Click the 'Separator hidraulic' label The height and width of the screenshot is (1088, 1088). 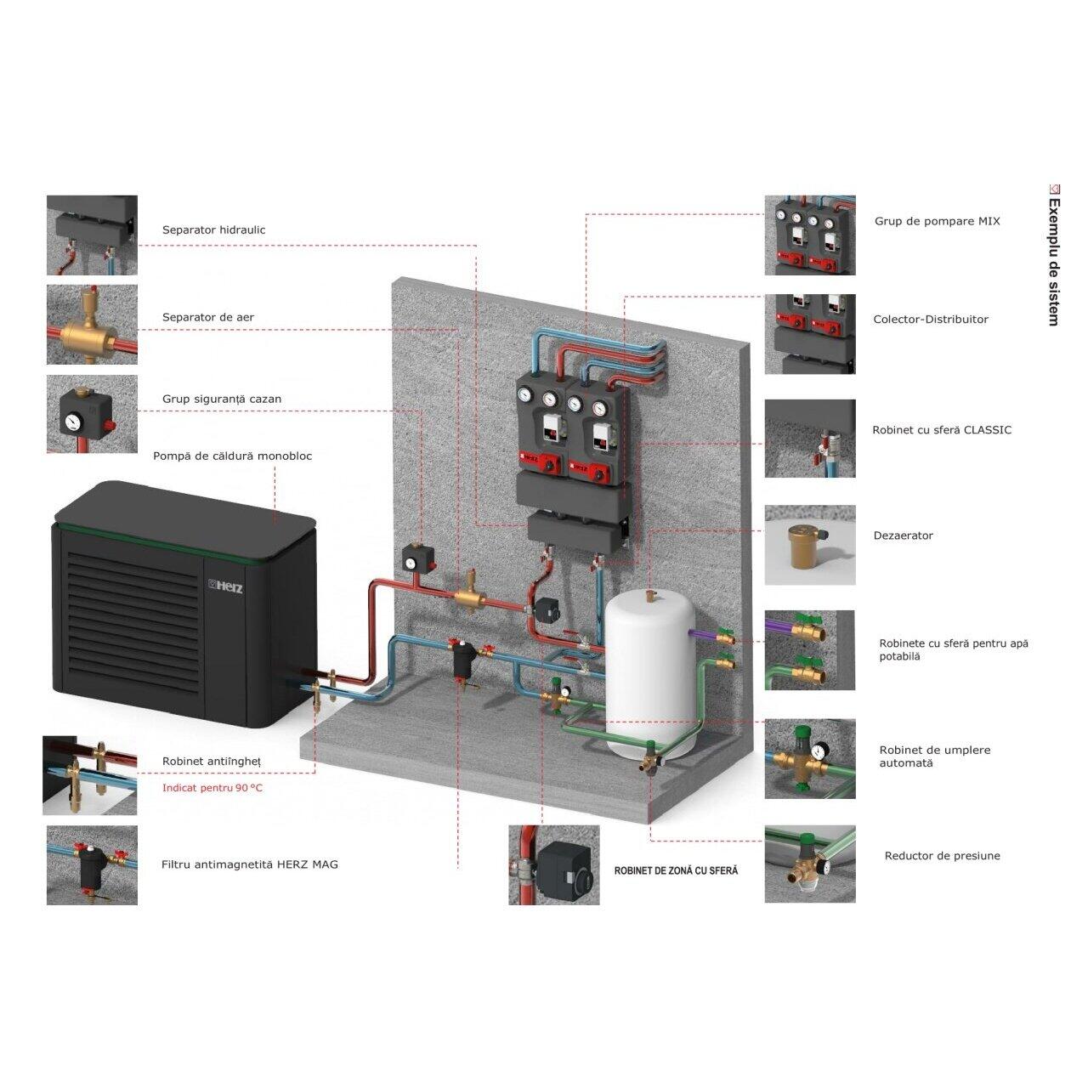click(x=213, y=229)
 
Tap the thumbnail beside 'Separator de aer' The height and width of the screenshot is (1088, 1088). click(x=92, y=325)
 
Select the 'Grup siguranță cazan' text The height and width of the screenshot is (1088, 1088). click(x=221, y=399)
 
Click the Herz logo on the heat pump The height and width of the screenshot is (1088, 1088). click(x=226, y=587)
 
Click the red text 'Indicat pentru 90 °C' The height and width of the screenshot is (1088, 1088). click(x=212, y=788)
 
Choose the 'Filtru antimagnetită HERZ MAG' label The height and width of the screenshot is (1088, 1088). click(x=249, y=864)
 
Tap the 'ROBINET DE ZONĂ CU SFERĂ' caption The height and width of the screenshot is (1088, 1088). click(x=676, y=870)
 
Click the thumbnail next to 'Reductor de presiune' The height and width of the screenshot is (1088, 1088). click(x=809, y=864)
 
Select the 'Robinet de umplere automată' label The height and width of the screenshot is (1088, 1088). click(x=934, y=756)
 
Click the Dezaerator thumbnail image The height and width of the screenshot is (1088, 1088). click(x=809, y=545)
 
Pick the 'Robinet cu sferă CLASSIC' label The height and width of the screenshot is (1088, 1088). click(x=941, y=430)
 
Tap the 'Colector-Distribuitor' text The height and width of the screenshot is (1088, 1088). click(x=931, y=320)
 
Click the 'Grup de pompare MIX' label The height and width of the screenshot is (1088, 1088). click(x=937, y=221)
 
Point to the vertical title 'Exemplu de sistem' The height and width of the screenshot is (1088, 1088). click(x=1053, y=260)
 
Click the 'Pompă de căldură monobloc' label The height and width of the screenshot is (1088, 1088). click(x=232, y=456)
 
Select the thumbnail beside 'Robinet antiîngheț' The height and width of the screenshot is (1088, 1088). click(x=90, y=775)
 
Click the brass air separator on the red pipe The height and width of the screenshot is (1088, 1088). click(x=467, y=596)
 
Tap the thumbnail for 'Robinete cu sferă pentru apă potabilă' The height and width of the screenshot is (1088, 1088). click(x=809, y=650)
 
